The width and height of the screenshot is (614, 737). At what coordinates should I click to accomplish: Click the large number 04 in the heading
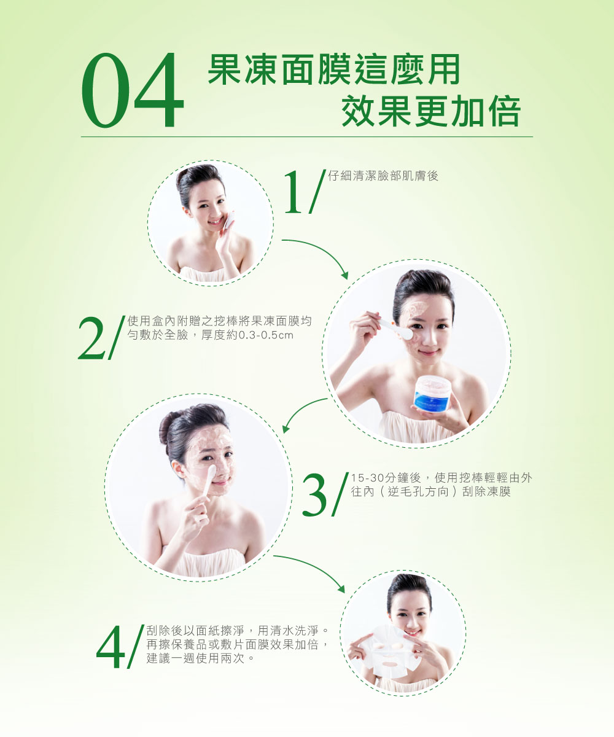tap(133, 90)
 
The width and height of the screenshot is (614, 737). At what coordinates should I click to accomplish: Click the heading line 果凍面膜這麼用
tap(334, 69)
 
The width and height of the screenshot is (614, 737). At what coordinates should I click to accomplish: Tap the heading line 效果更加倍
tap(431, 111)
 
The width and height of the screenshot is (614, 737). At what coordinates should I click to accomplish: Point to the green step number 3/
tap(325, 494)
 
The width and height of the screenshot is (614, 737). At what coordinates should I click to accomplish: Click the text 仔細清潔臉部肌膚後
tap(383, 176)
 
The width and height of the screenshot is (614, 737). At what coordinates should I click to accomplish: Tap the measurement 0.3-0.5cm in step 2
tap(266, 335)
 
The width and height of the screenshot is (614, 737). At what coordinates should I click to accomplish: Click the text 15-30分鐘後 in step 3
tap(386, 478)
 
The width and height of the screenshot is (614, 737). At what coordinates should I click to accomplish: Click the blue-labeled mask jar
tap(432, 394)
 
